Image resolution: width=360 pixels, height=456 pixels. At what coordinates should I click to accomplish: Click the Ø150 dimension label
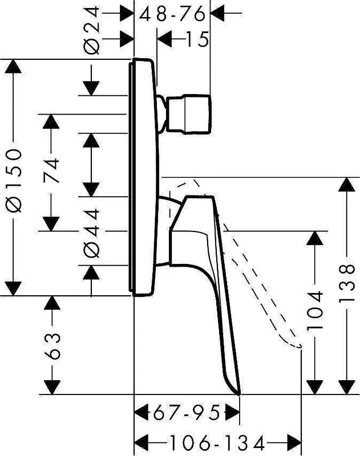[14, 181]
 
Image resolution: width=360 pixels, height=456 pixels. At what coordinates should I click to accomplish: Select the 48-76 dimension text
[172, 14]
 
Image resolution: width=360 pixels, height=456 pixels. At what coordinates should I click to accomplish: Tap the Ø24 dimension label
[92, 31]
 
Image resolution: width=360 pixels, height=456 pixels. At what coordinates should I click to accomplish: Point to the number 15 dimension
[197, 39]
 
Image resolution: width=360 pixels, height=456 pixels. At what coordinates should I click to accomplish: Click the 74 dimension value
[51, 170]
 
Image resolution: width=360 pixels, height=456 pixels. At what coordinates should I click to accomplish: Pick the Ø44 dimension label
[92, 233]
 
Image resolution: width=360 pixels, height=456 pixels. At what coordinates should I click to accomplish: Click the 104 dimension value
[315, 310]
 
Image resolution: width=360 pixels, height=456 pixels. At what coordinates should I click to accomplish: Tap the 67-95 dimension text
[186, 412]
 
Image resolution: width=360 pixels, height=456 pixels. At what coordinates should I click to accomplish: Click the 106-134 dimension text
[217, 443]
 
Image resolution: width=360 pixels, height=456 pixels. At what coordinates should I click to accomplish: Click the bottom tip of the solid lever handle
[239, 394]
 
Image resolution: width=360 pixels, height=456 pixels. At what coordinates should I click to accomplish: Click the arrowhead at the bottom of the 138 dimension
[347, 388]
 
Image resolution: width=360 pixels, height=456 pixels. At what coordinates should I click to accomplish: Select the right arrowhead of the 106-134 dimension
[294, 443]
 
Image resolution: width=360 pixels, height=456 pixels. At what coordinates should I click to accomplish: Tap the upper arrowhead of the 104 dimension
[315, 238]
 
